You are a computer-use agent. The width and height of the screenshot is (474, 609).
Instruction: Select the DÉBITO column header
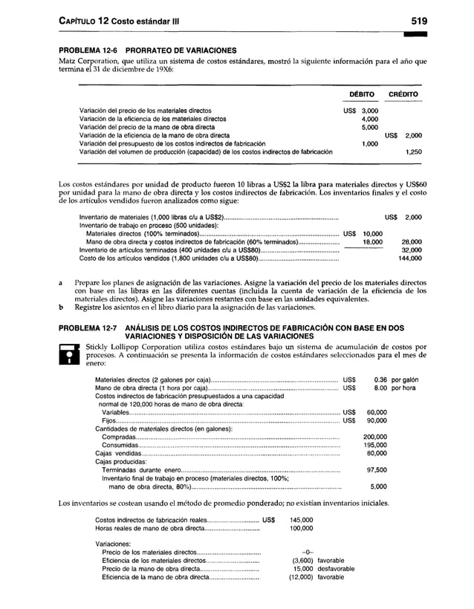click(x=361, y=95)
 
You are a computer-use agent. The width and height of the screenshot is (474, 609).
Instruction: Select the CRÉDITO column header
click(x=406, y=95)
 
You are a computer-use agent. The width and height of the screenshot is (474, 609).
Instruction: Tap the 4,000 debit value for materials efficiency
click(x=369, y=119)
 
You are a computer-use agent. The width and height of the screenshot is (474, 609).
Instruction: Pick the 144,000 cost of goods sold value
click(x=410, y=258)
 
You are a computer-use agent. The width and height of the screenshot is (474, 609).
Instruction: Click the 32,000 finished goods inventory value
click(x=412, y=250)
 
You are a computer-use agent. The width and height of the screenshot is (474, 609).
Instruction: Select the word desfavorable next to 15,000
click(x=335, y=568)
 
